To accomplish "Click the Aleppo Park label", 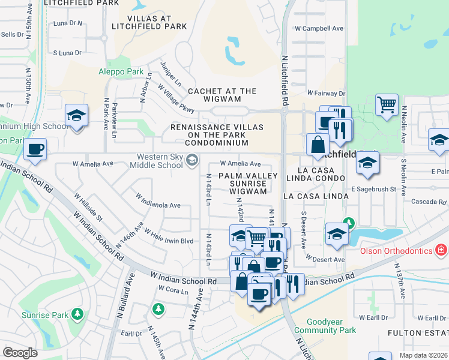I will coord(121,71).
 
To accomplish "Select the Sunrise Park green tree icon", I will coord(77,314).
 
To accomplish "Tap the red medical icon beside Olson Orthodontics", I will coord(441,248).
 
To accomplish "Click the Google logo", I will coord(20,353).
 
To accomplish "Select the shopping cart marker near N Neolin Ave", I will coord(387,104).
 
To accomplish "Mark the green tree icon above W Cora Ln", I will coord(158,309).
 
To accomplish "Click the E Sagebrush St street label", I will coord(373,189).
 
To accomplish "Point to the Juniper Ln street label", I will coord(170,72).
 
